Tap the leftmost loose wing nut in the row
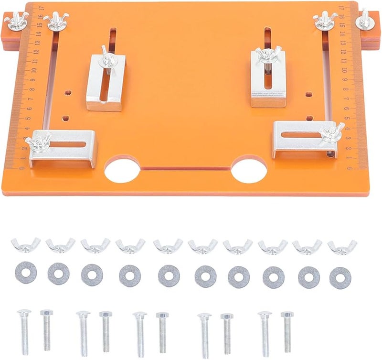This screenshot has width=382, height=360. tap(26, 245)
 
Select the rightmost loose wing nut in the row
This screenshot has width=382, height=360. tap(342, 246)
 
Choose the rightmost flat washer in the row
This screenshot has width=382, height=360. tap(340, 277)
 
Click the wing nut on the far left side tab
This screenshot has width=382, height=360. tap(16, 19)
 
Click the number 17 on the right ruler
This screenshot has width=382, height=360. tap(341, 8)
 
